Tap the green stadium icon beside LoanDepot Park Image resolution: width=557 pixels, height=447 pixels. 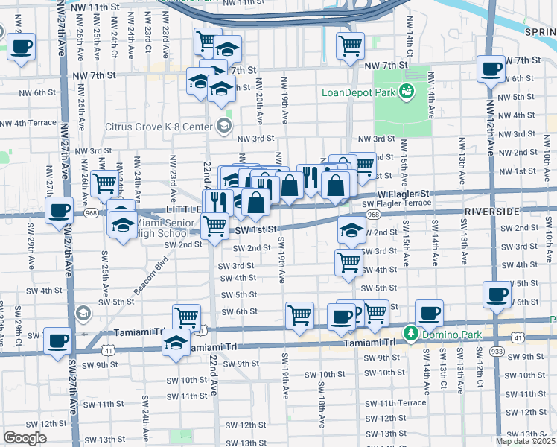(406, 92)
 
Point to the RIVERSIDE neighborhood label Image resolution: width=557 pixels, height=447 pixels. (491, 212)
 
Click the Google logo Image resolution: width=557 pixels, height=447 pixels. (25, 438)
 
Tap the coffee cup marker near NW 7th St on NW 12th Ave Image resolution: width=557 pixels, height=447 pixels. (491, 70)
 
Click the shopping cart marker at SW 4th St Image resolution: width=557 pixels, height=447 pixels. (349, 262)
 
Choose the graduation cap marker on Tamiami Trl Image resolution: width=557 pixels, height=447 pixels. (176, 343)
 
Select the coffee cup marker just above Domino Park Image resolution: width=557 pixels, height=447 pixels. (428, 313)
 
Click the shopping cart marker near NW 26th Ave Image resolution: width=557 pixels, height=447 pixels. (105, 183)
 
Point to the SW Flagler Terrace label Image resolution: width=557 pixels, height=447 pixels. (396, 203)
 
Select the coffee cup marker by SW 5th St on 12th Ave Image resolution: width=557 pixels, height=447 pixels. (497, 294)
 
